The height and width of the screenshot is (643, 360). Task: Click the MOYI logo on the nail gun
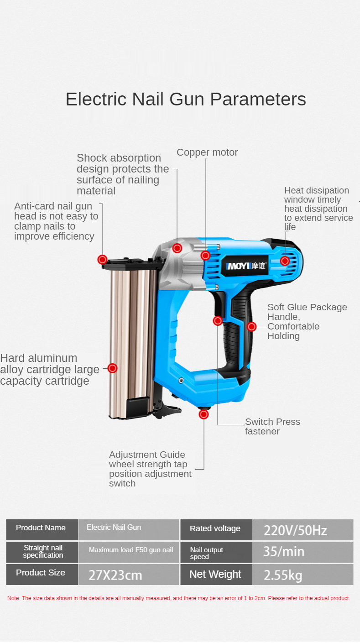246,266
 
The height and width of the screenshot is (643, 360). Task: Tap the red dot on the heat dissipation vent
285,261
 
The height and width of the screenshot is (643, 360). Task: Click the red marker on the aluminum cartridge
113,368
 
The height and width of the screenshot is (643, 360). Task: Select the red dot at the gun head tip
103,260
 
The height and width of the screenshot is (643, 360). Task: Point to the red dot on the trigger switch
218,321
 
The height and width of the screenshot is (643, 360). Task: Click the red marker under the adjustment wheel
204,414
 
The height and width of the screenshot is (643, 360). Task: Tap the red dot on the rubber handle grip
251,327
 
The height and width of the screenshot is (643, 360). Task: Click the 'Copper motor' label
207,152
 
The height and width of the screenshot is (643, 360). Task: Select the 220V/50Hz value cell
303,530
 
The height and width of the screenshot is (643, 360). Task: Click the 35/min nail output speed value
303,552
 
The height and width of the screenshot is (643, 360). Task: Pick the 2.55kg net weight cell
303,575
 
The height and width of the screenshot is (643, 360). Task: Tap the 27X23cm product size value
129,575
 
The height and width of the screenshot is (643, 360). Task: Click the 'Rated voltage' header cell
216,530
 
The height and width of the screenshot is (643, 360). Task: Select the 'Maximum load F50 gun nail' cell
129,552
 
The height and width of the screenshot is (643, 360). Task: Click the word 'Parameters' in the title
258,99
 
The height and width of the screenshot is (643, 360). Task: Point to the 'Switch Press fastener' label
272,426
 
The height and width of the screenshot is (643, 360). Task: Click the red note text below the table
178,598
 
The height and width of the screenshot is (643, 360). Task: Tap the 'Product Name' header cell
42,530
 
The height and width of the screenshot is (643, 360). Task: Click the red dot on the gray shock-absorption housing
177,248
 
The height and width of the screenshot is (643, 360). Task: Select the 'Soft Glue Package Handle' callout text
307,321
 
